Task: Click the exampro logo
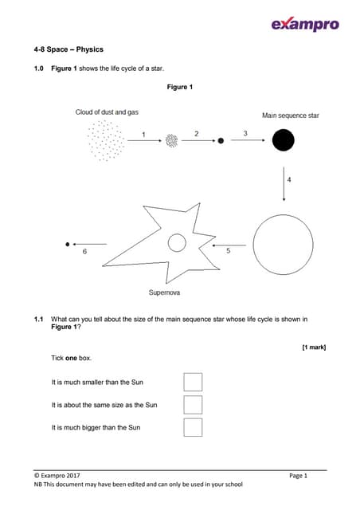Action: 305,24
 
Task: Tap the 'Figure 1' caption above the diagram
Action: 180,87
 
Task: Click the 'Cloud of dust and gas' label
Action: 107,112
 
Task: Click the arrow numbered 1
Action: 144,140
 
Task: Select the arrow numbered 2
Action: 196,140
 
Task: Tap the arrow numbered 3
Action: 245,140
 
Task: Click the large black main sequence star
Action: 283,141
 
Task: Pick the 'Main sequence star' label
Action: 291,116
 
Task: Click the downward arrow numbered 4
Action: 284,182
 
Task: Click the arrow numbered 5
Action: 229,245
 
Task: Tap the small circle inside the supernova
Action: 177,243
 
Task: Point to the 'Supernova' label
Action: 164,292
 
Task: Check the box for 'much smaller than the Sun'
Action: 193,382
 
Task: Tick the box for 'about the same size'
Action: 193,405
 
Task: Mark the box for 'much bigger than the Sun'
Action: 193,427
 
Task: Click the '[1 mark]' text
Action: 314,347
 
